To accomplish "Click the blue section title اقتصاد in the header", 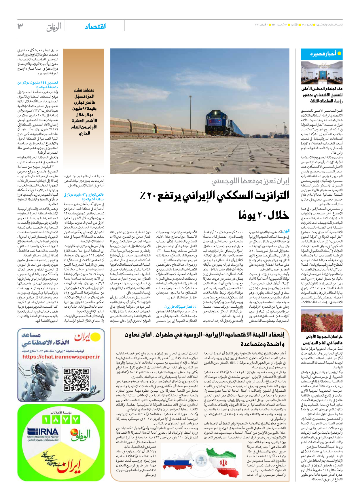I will click(x=95, y=26).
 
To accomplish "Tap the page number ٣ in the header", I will click(x=20, y=26).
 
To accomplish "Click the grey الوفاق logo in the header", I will click(x=54, y=27).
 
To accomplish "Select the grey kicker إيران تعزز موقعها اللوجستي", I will click(x=250, y=181).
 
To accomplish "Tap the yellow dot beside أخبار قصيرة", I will click(x=339, y=54).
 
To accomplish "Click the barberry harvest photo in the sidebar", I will click(x=322, y=320).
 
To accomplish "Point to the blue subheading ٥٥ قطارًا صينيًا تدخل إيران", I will click(x=180, y=307).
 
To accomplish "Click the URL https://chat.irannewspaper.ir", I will click(x=61, y=357).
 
